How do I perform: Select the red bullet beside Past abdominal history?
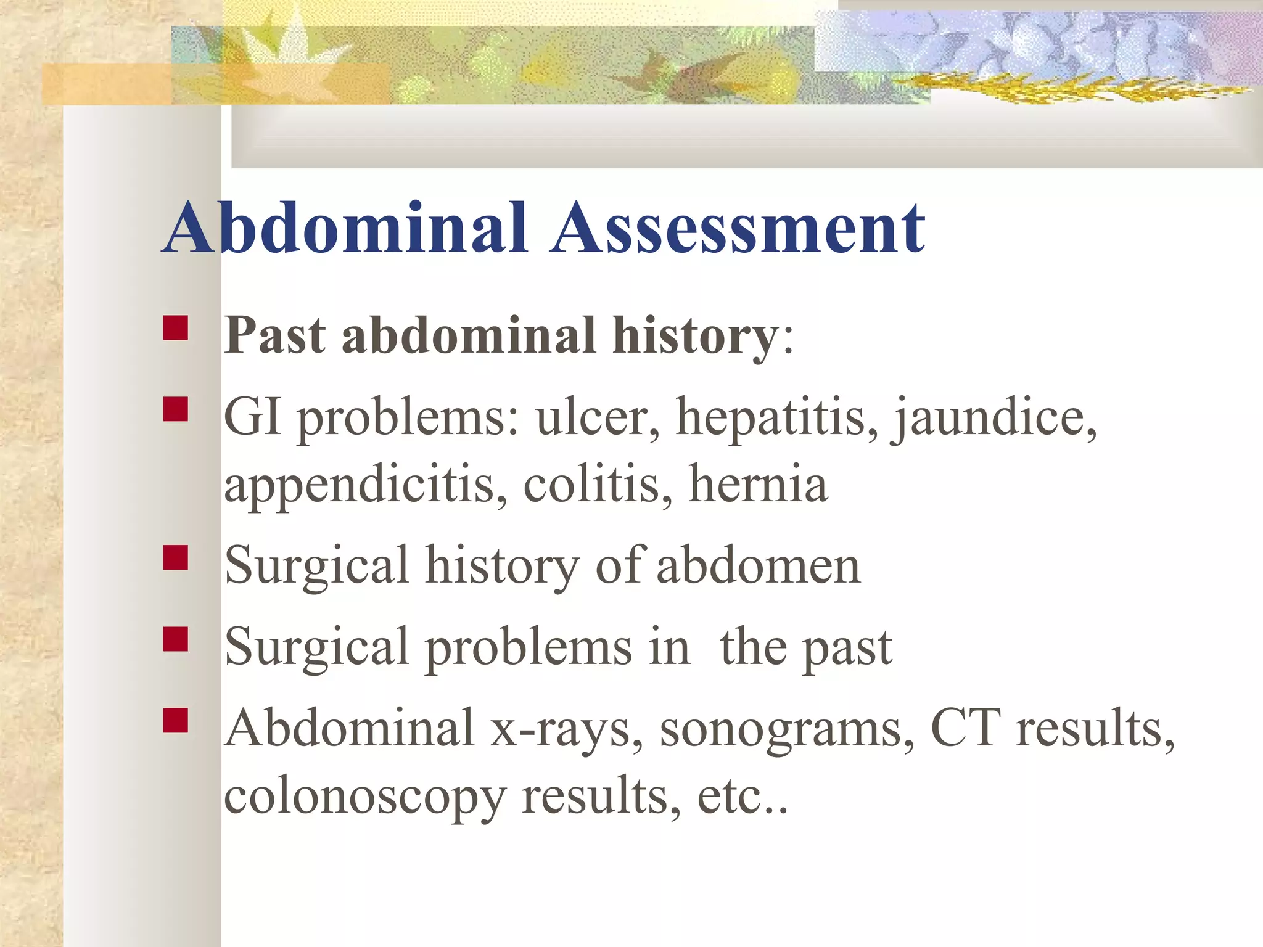click(176, 328)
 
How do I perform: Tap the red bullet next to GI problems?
click(176, 409)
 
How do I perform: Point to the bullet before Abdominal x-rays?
click(176, 719)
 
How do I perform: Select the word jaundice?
click(994, 418)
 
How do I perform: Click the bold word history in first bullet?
click(696, 336)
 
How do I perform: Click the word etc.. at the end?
click(743, 797)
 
